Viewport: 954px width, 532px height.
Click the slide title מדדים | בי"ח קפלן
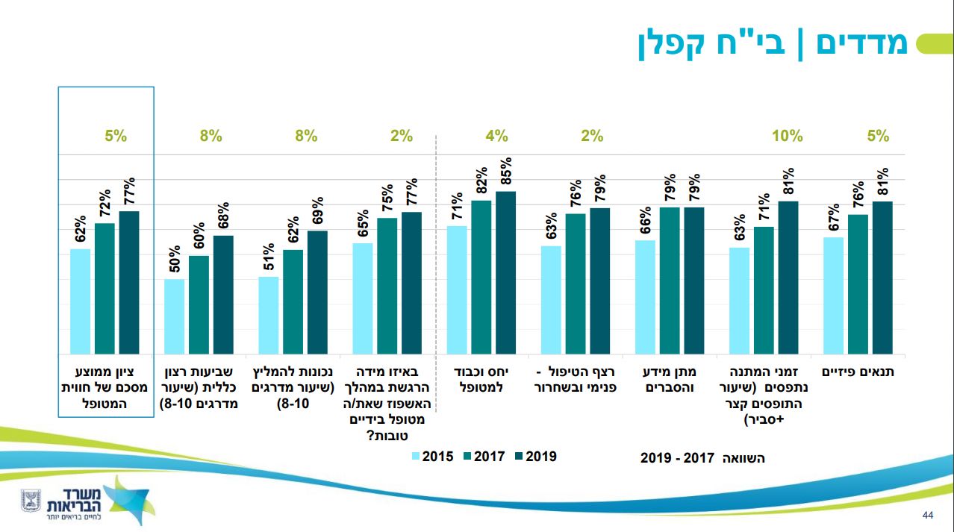coord(773,43)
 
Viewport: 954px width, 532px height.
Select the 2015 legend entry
coord(432,456)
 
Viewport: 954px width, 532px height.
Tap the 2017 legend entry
coord(484,456)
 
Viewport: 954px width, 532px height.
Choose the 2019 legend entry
coord(535,456)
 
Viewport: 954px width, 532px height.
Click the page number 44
coord(929,516)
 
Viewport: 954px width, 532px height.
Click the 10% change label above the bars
coord(787,136)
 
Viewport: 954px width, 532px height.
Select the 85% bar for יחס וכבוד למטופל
coord(505,272)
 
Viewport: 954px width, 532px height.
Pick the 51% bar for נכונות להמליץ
coord(268,314)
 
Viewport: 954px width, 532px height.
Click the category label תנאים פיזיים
coord(858,372)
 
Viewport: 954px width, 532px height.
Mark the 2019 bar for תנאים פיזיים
coord(882,277)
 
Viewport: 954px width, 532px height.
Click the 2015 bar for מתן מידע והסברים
coord(645,296)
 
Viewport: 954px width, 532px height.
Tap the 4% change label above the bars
coord(496,136)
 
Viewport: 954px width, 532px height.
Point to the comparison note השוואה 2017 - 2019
coord(702,457)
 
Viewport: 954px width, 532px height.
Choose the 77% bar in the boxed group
coord(129,282)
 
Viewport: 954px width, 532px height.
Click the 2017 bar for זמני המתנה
coord(764,290)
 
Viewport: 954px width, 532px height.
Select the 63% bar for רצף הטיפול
coord(551,299)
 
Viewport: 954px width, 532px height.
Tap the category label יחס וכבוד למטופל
coord(481,379)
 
